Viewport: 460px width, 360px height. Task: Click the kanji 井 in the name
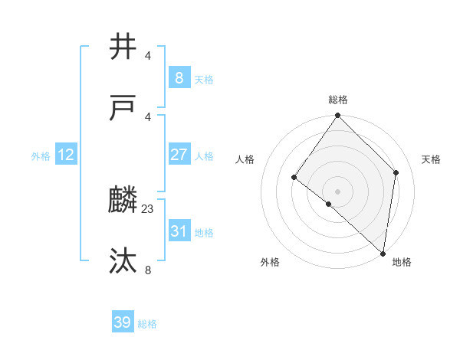123,47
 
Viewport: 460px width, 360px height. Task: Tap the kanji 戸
123,108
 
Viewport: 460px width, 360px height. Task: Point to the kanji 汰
123,261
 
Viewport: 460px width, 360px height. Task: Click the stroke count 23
148,208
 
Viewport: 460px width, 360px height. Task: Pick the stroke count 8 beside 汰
148,269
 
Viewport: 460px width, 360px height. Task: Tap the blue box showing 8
179,77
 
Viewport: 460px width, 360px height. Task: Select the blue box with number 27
179,155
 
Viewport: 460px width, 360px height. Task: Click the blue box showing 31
179,231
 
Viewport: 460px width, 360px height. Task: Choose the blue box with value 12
66,155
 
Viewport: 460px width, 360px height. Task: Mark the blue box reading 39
123,322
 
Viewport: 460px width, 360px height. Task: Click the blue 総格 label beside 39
148,324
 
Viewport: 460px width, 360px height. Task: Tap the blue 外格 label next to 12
41,156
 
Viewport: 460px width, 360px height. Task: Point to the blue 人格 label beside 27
204,156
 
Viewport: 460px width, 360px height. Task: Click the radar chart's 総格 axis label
338,100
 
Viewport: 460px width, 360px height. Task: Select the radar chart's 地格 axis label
402,262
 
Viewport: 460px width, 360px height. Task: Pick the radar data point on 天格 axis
396,172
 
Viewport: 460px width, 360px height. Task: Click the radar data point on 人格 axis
294,178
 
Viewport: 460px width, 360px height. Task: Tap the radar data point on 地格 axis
383,254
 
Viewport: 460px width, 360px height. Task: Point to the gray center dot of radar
338,191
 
